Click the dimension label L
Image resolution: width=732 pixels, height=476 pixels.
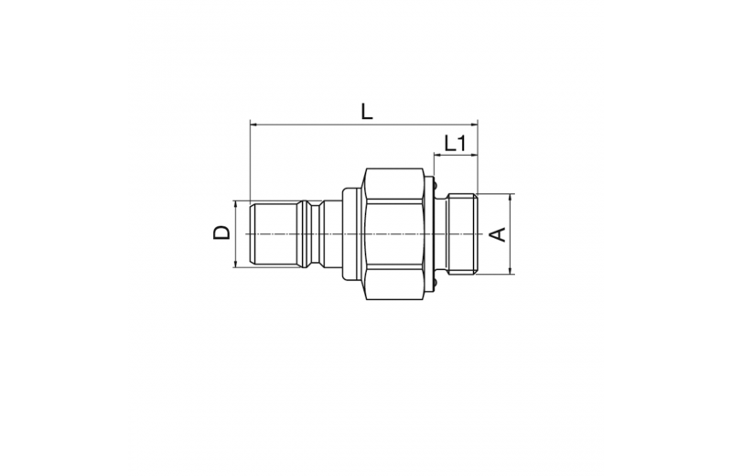[x=367, y=112]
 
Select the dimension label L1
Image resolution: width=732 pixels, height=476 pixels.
[x=455, y=144]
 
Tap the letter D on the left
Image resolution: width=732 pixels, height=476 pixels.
[x=221, y=233]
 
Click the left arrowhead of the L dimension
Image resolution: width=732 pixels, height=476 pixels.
[x=253, y=124]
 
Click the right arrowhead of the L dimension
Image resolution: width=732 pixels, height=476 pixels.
[x=474, y=124]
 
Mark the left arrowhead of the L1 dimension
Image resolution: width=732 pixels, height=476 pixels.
[x=437, y=155]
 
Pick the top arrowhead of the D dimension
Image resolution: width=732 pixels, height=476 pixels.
[x=235, y=205]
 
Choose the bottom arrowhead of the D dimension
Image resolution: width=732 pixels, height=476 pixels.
[x=235, y=264]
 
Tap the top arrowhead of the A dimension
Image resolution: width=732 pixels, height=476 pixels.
[x=511, y=198]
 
